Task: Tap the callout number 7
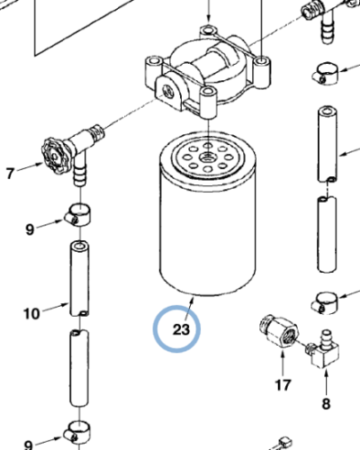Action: click(x=10, y=173)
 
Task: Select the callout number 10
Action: click(x=31, y=314)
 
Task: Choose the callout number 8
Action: click(x=326, y=403)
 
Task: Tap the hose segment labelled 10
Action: click(x=79, y=279)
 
